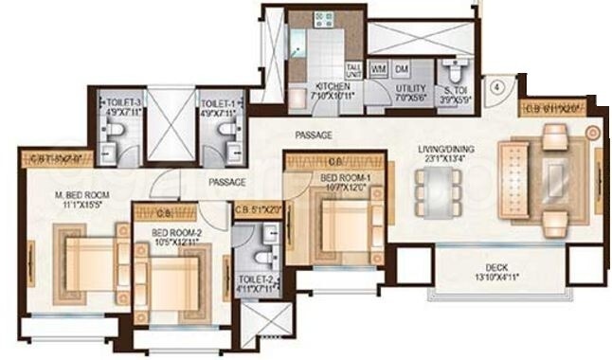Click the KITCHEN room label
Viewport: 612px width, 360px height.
pyautogui.click(x=333, y=87)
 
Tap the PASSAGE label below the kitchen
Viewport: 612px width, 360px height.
pyautogui.click(x=314, y=135)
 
